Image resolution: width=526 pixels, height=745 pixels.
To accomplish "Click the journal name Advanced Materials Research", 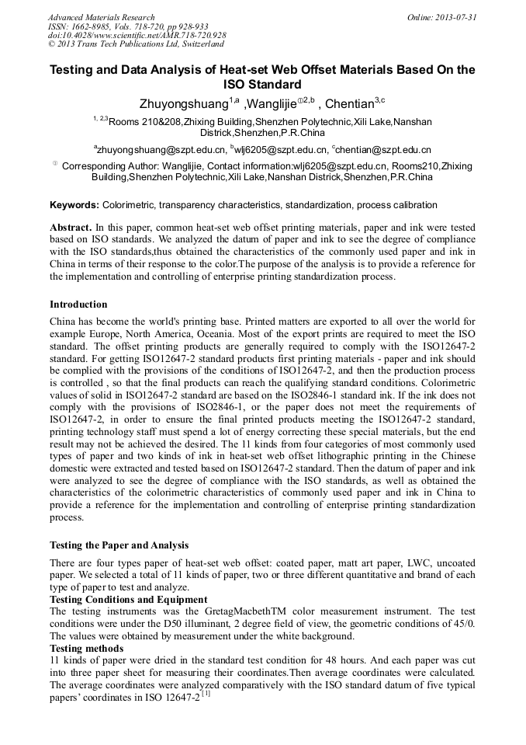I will pos(101,17).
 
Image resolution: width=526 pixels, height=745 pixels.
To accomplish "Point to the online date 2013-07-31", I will pos(441,17).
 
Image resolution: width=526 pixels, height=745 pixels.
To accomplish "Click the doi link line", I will pos(137,36).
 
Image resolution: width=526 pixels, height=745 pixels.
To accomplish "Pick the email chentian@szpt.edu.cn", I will pos(384,149).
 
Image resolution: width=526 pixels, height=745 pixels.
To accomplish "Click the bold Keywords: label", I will pos(74,205).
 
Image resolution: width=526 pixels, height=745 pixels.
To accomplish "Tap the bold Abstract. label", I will pos(71,228).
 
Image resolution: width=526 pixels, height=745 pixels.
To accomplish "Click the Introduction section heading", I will pos(78,304).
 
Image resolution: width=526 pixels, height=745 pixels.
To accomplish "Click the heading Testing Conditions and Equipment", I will pos(128,599).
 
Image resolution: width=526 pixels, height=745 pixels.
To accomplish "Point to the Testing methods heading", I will pos(86,648).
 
